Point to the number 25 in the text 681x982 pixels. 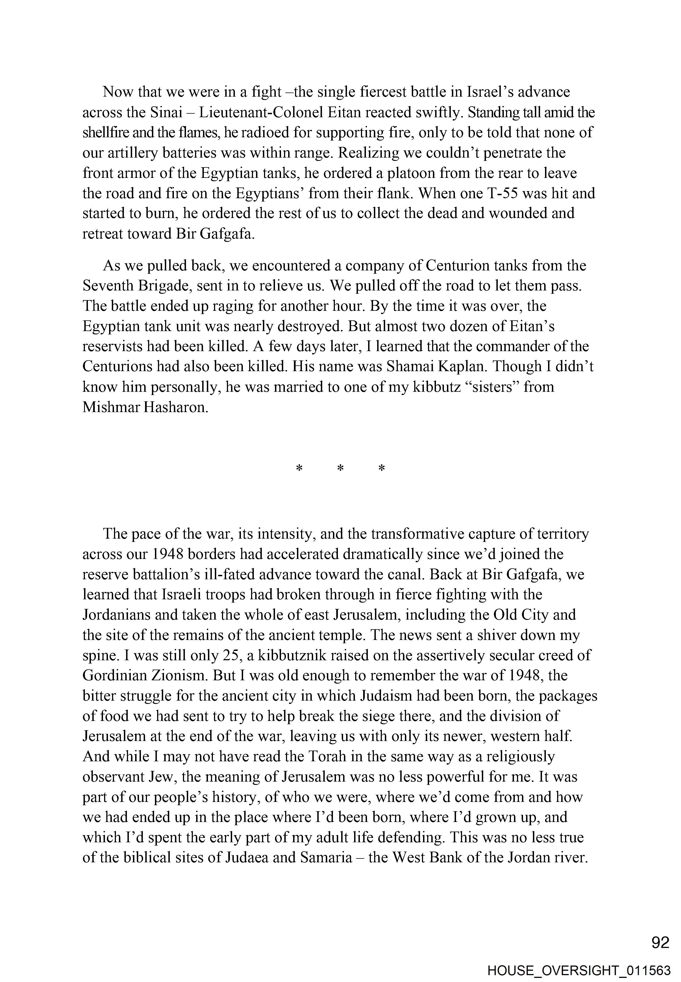pyautogui.click(x=232, y=655)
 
